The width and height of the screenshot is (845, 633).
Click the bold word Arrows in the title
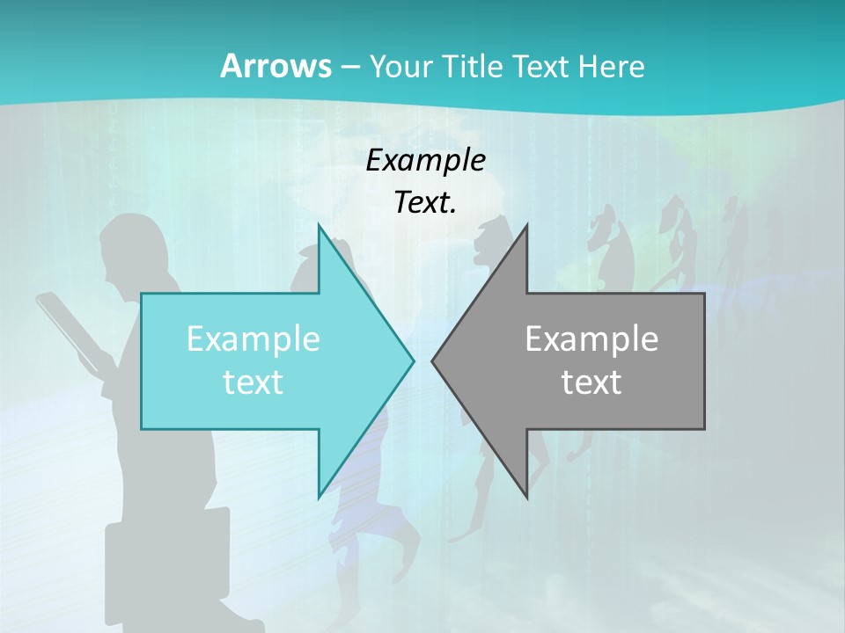[276, 66]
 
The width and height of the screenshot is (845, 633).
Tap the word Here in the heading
[612, 66]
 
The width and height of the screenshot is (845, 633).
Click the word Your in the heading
[400, 66]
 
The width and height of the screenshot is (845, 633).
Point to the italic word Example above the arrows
[425, 160]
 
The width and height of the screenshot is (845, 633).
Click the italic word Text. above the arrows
[425, 202]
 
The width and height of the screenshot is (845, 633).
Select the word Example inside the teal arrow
[253, 338]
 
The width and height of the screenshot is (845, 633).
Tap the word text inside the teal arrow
[253, 382]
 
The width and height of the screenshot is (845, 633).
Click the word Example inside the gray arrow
[591, 338]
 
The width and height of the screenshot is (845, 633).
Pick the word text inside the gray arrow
[591, 382]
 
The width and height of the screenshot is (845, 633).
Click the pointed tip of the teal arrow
[414, 360]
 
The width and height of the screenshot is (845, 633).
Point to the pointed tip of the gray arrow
[432, 360]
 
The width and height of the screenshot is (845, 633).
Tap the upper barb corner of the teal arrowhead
[319, 225]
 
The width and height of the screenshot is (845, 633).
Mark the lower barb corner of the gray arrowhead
[526, 498]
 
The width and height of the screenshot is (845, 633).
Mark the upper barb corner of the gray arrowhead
[526, 225]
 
